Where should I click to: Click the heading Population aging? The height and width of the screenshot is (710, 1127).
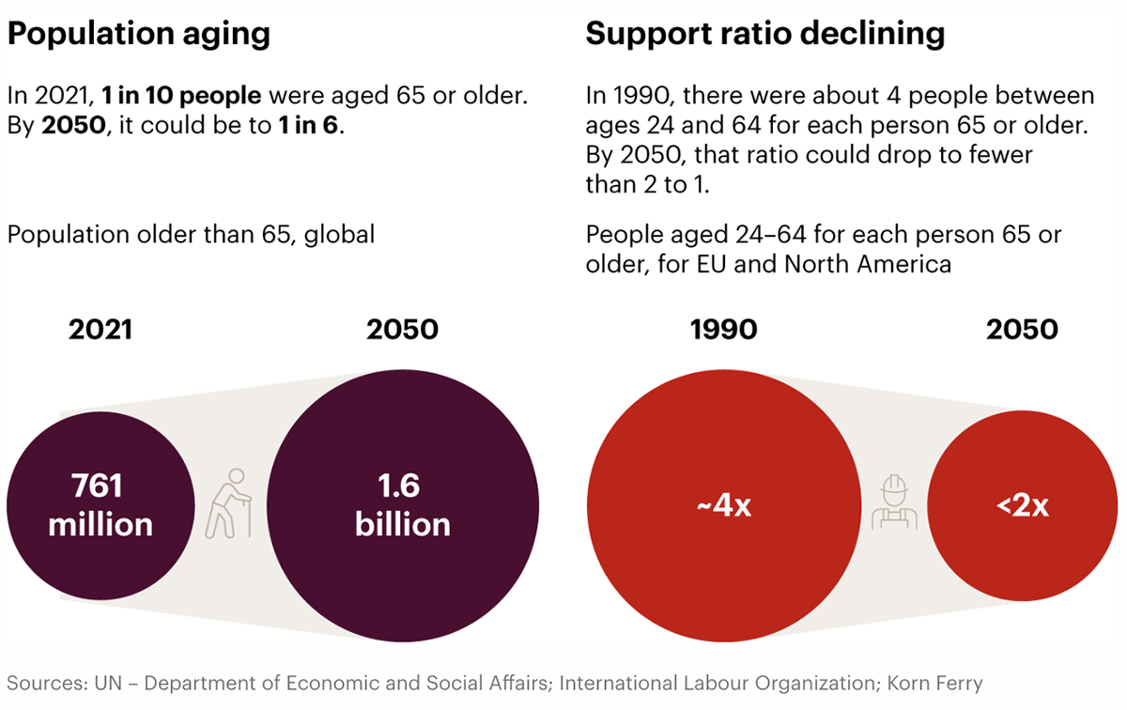pyautogui.click(x=139, y=34)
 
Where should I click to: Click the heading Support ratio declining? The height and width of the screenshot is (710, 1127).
pyautogui.click(x=764, y=34)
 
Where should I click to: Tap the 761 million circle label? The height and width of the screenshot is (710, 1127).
pyautogui.click(x=100, y=504)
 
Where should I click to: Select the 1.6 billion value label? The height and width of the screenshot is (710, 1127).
pyautogui.click(x=402, y=504)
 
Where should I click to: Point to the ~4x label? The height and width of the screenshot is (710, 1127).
pyautogui.click(x=723, y=505)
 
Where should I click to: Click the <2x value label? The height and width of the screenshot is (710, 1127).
pyautogui.click(x=1022, y=505)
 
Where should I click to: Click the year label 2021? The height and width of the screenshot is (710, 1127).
pyautogui.click(x=100, y=330)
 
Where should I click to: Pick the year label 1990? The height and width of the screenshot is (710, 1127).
pyautogui.click(x=723, y=330)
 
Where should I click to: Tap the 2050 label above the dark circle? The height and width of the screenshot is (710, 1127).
pyautogui.click(x=402, y=330)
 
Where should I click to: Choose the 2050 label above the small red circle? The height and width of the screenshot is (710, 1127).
pyautogui.click(x=1022, y=330)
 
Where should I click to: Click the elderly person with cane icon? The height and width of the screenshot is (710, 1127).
pyautogui.click(x=230, y=503)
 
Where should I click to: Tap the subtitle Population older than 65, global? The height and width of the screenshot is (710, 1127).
pyautogui.click(x=191, y=234)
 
